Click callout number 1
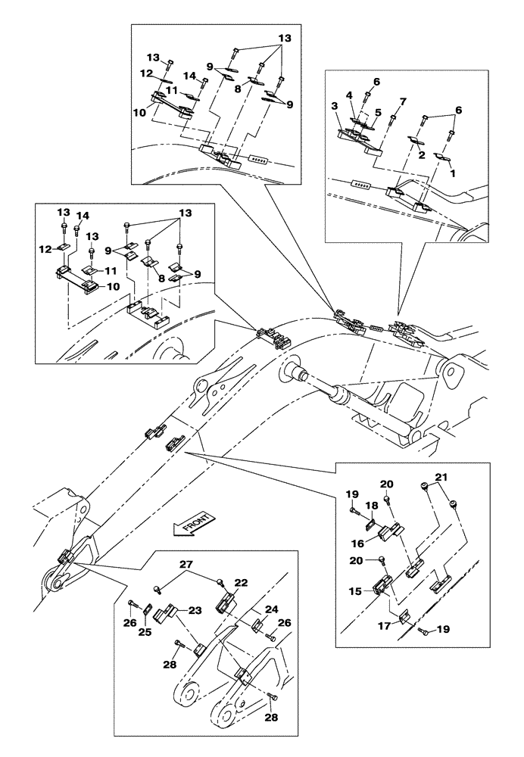[x=452, y=173]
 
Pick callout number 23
[x=195, y=611]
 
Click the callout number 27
[x=187, y=565]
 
